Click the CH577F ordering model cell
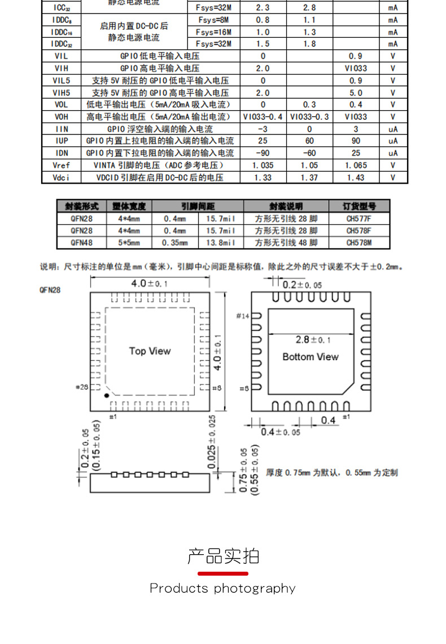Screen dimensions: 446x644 [359, 219]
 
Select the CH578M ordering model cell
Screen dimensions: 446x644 [359, 242]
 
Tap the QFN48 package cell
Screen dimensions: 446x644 [82, 242]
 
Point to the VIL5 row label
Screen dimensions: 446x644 [62, 81]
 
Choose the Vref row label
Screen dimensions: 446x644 [62, 166]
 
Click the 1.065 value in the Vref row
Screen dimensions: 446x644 [356, 166]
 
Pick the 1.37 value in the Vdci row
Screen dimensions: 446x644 [309, 177]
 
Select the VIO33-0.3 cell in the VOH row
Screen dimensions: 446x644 [309, 117]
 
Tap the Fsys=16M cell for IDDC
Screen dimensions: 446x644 [213, 32]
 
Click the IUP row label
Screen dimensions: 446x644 [62, 141]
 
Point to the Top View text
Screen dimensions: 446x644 [150, 351]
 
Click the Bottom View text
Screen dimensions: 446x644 [311, 357]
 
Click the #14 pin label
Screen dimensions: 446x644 [243, 316]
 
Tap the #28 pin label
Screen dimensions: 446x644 [82, 388]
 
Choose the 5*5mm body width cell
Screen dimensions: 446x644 [129, 242]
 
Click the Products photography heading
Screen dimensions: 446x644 [222, 589]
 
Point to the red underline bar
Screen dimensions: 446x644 [222, 573]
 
